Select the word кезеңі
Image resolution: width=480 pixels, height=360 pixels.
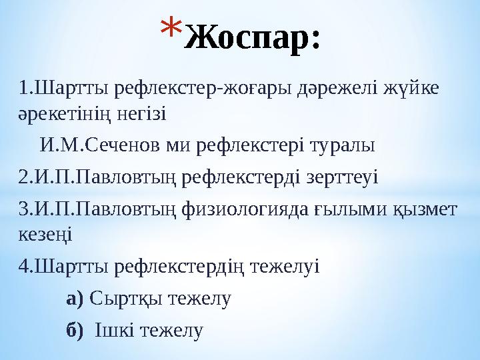click(46, 235)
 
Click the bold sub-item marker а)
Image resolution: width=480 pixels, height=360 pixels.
click(75, 299)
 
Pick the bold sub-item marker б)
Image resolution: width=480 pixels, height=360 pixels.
click(75, 330)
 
